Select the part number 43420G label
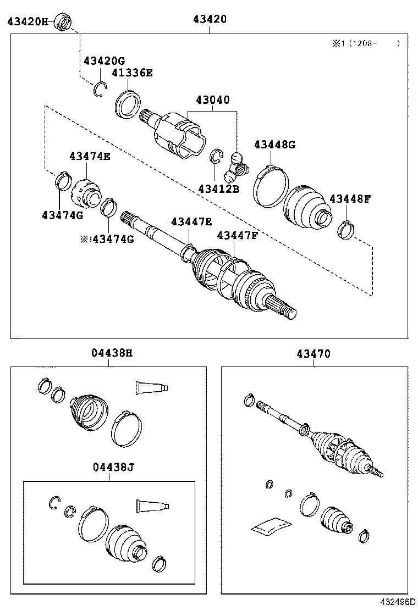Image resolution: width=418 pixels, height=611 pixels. point(104,60)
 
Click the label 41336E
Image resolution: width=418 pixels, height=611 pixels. point(132,72)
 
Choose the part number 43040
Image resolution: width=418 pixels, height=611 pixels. point(212,100)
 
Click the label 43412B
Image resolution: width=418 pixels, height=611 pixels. point(219,189)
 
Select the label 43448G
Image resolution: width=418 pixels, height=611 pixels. point(274,145)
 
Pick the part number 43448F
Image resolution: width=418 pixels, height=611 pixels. point(350,198)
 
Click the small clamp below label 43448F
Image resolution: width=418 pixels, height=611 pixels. point(345,230)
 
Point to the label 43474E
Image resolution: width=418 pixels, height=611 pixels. point(90,157)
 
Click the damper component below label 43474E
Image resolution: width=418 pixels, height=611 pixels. point(87,191)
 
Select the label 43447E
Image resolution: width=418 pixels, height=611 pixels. point(191,221)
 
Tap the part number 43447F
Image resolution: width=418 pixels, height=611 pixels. point(237,235)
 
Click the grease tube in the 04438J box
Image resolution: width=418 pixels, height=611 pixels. point(152,504)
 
